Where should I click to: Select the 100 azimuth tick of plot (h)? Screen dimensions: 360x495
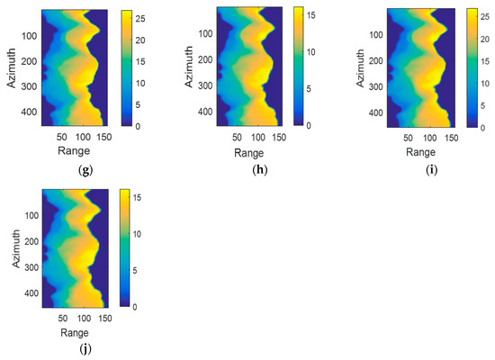coord(195,33)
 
